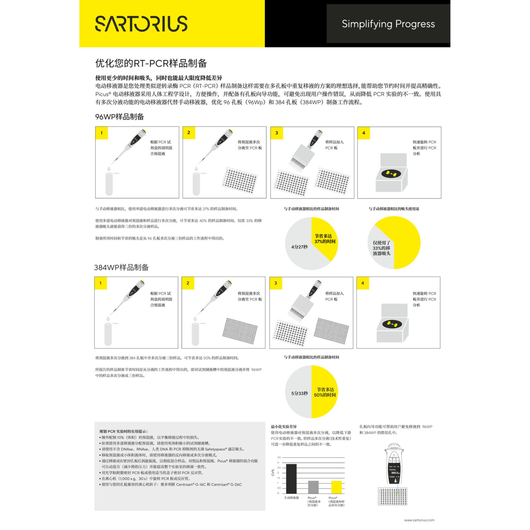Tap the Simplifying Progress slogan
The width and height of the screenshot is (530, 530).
(x=388, y=24)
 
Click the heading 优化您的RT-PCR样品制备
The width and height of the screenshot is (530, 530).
(x=151, y=63)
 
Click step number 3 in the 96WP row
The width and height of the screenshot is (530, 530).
(x=277, y=133)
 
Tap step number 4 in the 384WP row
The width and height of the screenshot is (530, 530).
(x=363, y=283)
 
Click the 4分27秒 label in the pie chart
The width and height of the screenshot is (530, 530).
(x=299, y=247)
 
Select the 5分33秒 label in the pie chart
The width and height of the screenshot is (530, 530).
(x=299, y=393)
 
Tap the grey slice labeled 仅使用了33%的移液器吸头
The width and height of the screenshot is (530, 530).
(x=381, y=248)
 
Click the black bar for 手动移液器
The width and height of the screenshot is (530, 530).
(x=291, y=479)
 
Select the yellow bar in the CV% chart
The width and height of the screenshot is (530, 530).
(x=336, y=487)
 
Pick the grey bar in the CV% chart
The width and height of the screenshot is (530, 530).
(x=313, y=487)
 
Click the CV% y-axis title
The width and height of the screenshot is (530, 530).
(x=273, y=472)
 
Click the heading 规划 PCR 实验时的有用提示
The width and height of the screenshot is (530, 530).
(x=123, y=431)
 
